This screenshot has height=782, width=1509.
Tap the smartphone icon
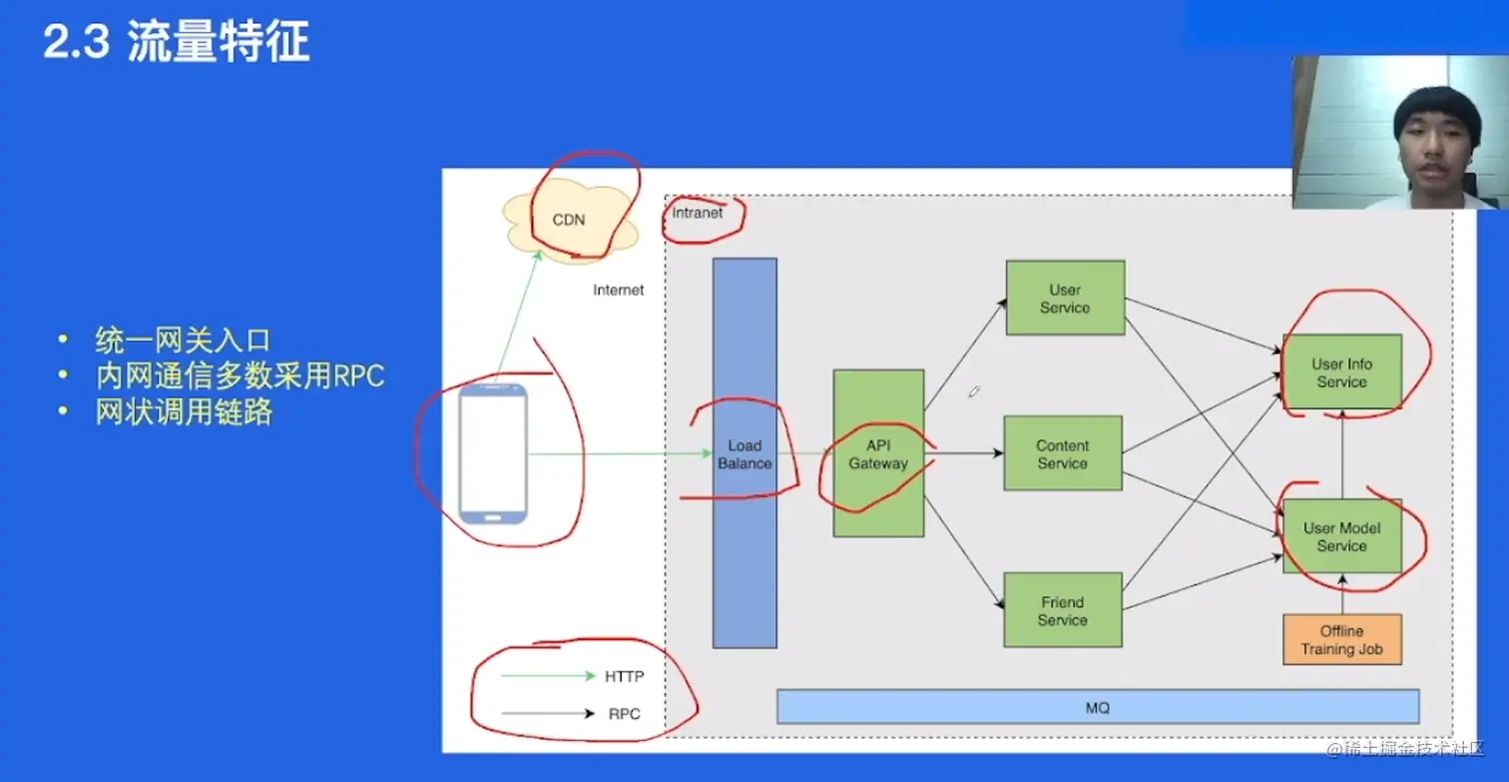point(493,454)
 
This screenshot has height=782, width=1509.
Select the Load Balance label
point(745,454)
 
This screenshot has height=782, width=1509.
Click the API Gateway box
point(878,454)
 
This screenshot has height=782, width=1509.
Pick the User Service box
point(1065,298)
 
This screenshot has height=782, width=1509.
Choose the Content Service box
point(1063,453)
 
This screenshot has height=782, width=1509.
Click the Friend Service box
point(1063,610)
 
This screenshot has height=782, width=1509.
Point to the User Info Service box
point(1341,373)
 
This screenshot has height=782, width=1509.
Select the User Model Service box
point(1341,536)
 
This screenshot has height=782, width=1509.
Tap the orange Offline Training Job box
point(1341,639)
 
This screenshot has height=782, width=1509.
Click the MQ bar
point(1097,707)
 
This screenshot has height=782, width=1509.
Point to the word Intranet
point(698,213)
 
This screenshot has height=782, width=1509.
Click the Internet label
point(619,290)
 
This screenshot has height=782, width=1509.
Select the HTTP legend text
point(625,676)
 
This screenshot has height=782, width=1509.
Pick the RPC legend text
point(625,713)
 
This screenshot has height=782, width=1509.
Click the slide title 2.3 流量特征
point(176,43)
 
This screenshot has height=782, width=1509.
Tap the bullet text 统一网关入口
point(183,340)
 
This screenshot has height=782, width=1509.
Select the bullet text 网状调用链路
point(184,411)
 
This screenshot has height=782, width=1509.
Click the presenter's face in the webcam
point(1433,135)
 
